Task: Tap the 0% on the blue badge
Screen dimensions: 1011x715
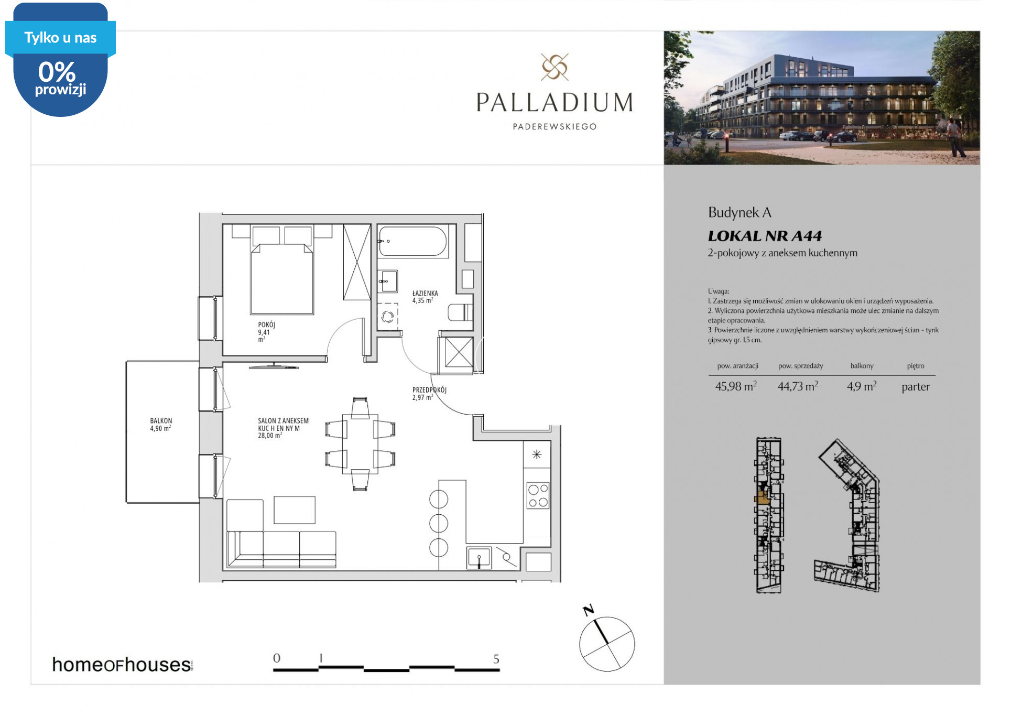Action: click(57, 72)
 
